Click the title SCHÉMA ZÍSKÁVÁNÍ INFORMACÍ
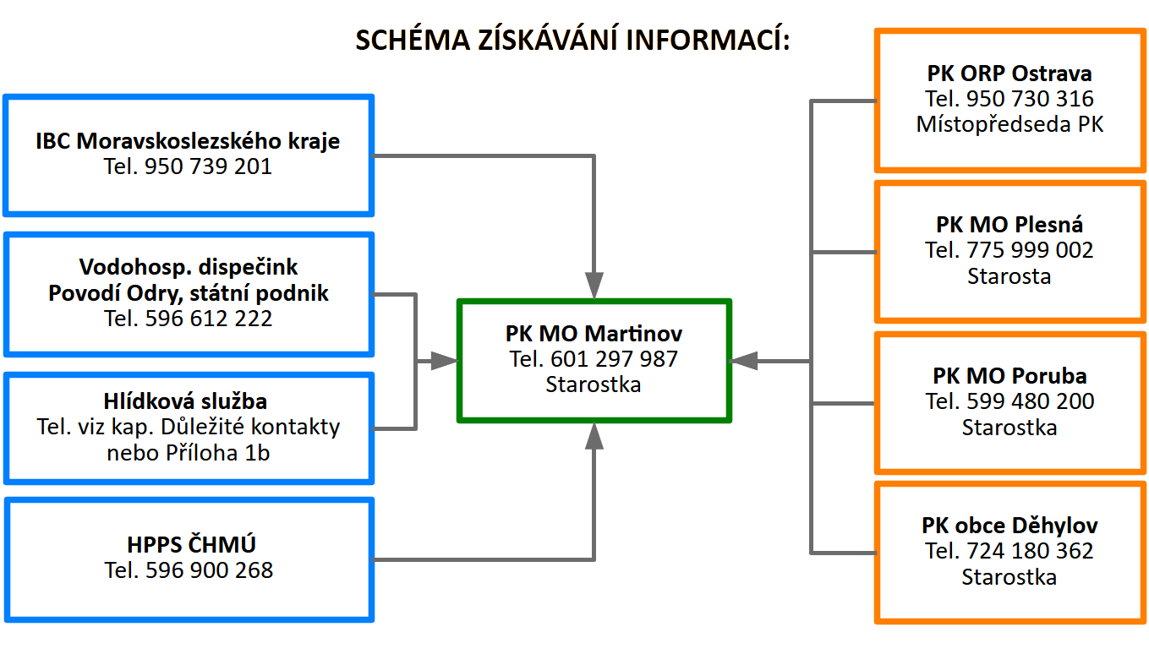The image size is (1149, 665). (572, 41)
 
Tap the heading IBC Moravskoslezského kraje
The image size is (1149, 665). (188, 141)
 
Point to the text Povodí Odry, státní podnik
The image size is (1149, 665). (188, 293)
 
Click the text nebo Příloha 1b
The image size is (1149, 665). (188, 452)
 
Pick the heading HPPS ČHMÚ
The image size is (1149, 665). (188, 545)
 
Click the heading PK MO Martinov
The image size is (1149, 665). (594, 333)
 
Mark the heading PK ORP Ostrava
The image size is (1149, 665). (1009, 74)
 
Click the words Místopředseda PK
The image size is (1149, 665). (1009, 124)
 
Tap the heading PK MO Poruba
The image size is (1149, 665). (1009, 375)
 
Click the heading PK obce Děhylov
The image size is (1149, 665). (1009, 526)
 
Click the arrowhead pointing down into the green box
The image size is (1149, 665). (594, 285)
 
